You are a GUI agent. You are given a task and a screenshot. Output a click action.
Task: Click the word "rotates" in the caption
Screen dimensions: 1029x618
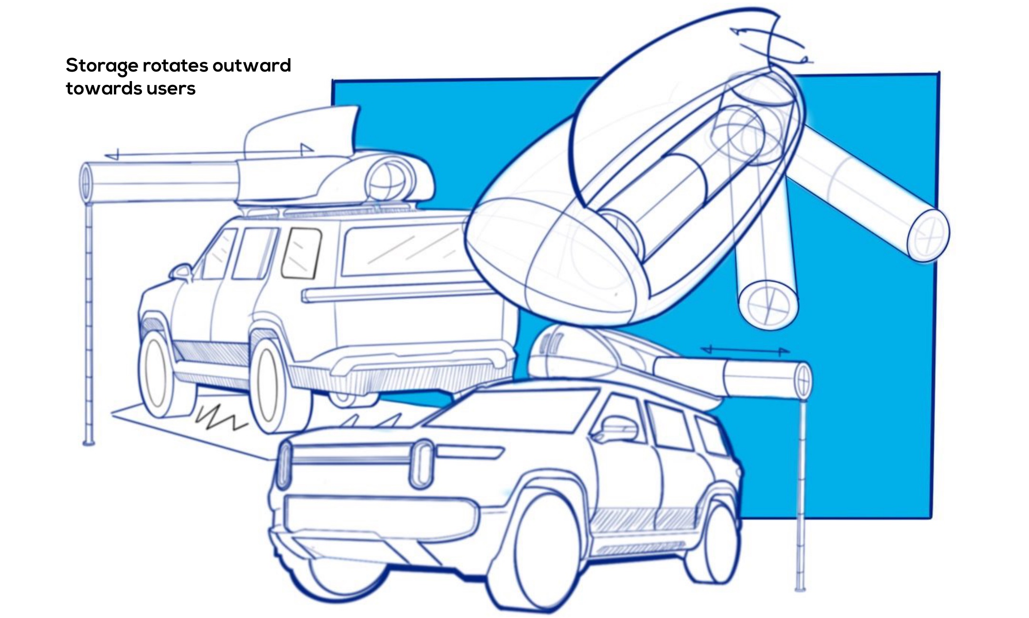coord(175,66)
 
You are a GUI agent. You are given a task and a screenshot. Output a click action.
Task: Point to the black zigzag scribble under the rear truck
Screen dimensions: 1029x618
coord(221,417)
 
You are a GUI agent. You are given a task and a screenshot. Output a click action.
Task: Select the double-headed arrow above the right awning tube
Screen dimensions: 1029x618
coord(746,351)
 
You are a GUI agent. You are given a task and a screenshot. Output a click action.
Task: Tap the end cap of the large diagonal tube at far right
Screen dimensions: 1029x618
coord(928,235)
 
